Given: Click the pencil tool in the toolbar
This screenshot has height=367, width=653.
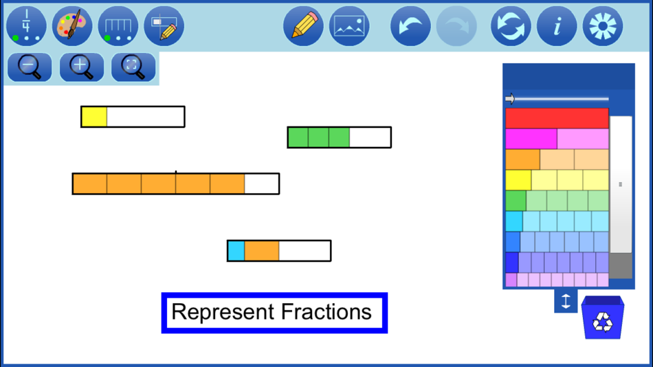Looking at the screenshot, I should tap(303, 26).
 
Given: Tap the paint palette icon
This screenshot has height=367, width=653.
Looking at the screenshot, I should tap(72, 26).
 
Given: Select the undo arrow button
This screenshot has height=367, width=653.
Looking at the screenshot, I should tap(410, 26).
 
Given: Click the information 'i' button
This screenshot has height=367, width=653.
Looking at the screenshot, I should tap(556, 26).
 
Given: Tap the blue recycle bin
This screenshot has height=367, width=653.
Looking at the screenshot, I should tap(602, 318).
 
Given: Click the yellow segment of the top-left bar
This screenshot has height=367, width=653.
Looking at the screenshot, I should tap(94, 117).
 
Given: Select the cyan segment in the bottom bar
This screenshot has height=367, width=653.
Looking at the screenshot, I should tap(236, 251).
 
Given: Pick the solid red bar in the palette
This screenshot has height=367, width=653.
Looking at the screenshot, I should tap(557, 118).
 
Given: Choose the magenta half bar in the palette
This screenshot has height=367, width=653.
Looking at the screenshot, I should tap(531, 139).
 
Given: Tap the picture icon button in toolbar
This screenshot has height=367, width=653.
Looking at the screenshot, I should tap(349, 26).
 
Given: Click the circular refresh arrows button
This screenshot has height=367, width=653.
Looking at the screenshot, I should tap(511, 26).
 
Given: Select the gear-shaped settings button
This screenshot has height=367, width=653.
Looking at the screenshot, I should tap(603, 26).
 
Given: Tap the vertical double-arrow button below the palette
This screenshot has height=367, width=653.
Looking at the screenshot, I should tap(566, 301).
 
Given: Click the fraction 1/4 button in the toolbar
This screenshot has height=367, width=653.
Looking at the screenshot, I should tap(26, 26).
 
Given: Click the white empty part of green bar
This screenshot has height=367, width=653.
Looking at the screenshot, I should tap(370, 137).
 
